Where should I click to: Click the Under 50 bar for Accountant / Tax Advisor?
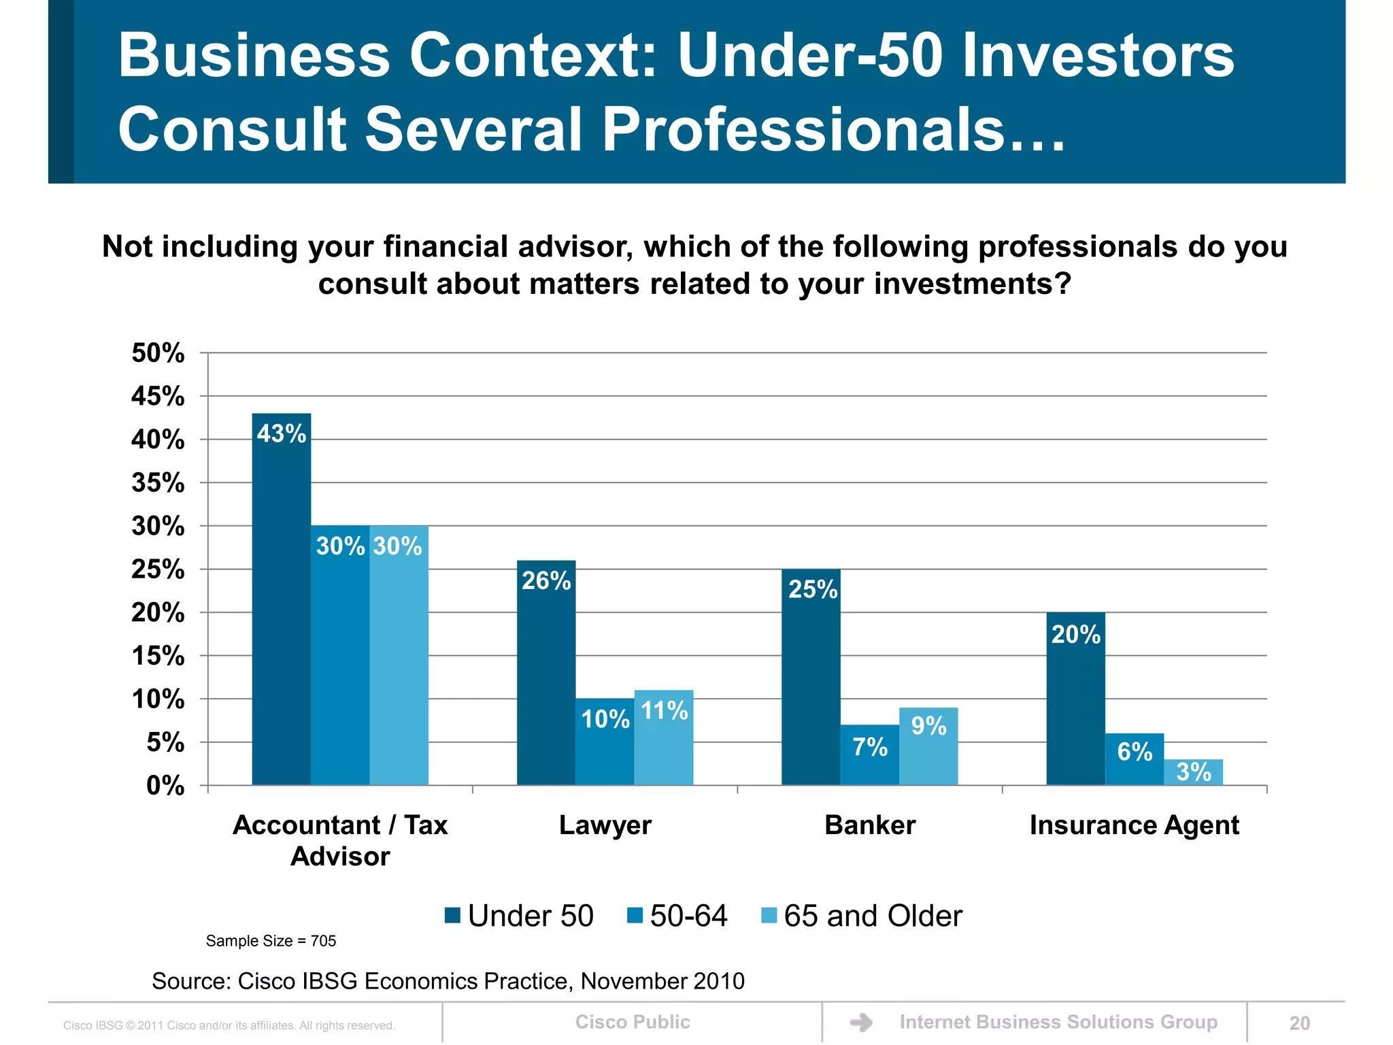click(281, 599)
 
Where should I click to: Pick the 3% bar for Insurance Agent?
click(1193, 773)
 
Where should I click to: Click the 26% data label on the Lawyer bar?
click(546, 580)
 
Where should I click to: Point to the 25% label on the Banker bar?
click(812, 589)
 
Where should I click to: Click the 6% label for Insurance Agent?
click(1135, 752)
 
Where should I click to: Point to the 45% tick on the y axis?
click(158, 396)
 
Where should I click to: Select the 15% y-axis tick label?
click(158, 656)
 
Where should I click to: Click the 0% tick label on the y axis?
click(165, 786)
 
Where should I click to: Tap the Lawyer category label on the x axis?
click(605, 825)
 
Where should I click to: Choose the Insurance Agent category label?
click(1134, 825)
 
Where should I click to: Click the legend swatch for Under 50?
click(452, 915)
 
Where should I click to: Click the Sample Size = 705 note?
click(271, 941)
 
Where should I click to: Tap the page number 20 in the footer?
click(1299, 1023)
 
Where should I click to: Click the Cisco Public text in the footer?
click(632, 1022)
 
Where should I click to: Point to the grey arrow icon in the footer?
click(861, 1023)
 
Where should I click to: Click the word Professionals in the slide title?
click(803, 129)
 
